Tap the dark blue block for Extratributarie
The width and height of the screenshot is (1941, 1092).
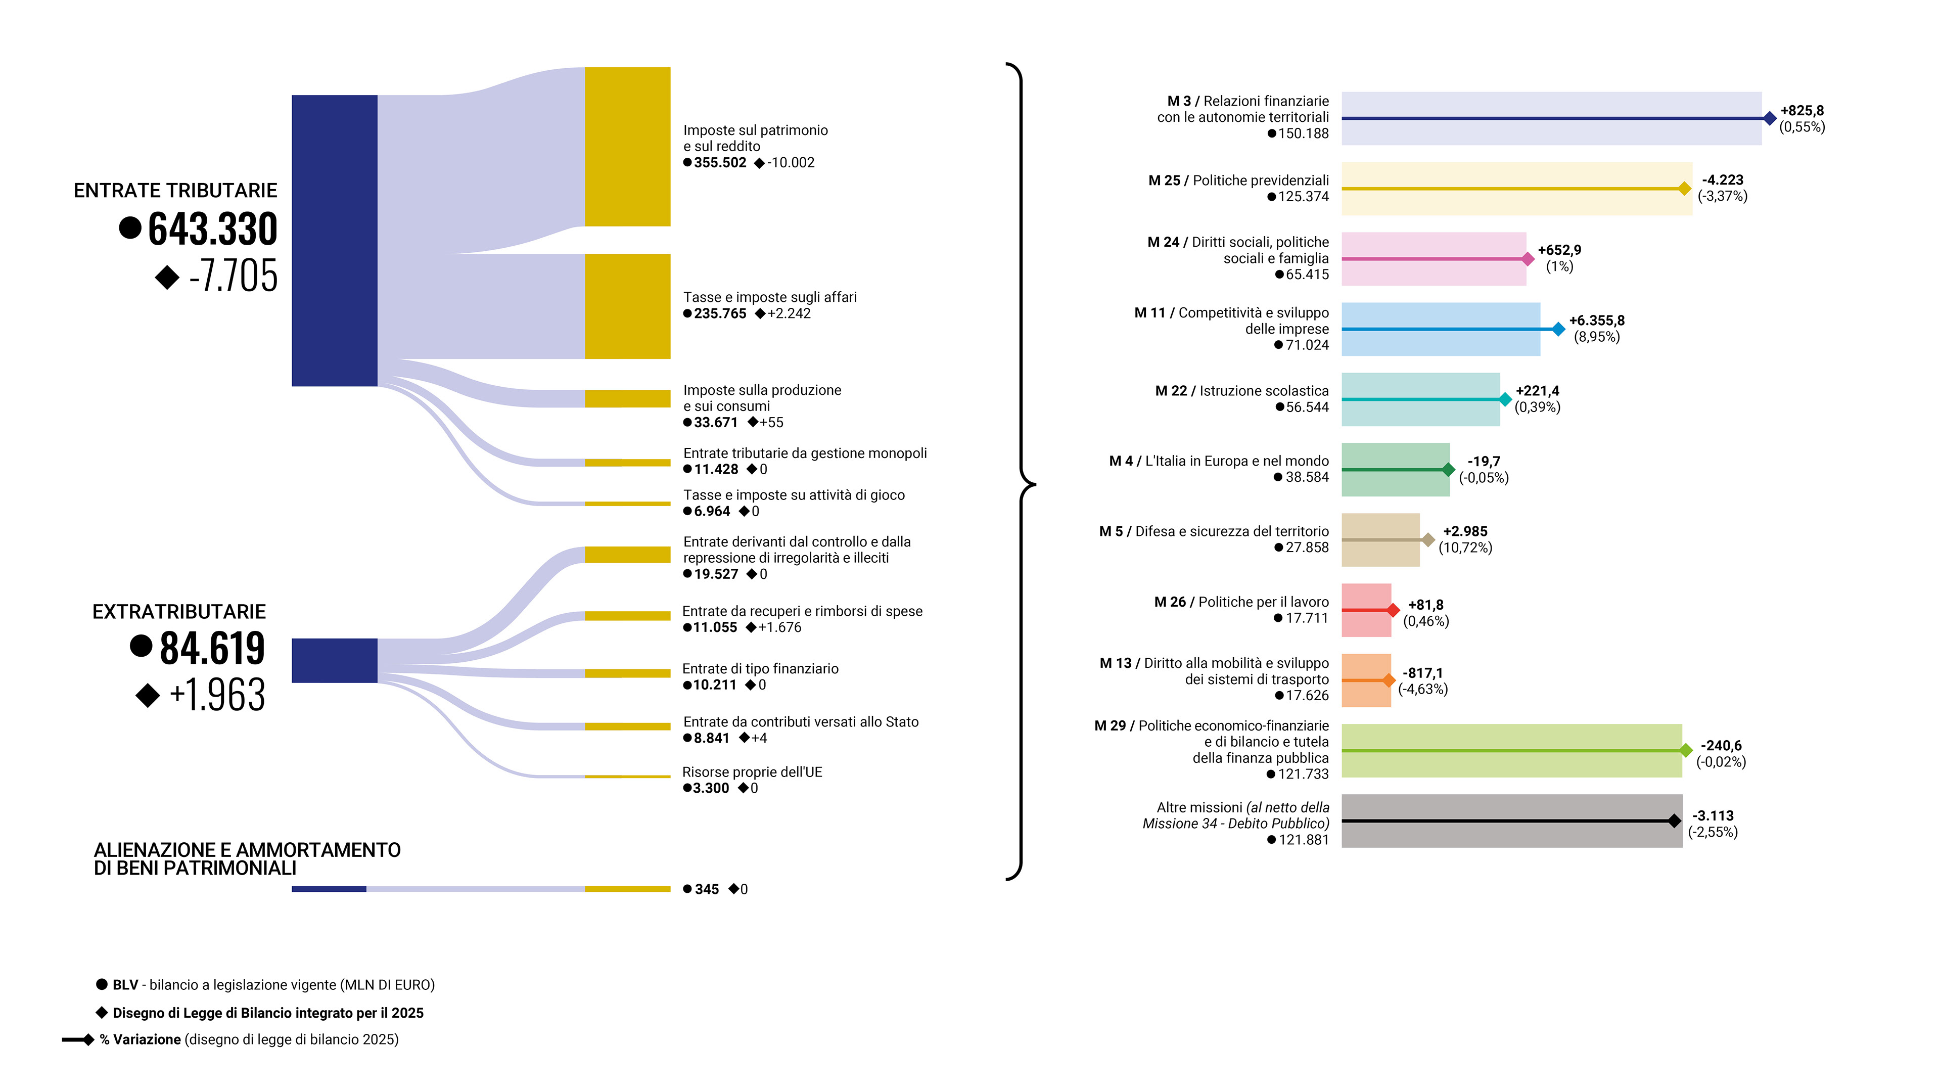coord(334,660)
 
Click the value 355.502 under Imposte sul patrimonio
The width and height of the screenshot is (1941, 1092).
coord(720,163)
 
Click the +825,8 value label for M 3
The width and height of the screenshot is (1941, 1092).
coord(1801,111)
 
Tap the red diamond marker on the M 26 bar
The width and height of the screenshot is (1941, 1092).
coord(1393,610)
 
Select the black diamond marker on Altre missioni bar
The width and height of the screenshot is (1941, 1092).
coord(1674,821)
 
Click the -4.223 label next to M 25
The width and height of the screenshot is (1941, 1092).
coord(1723,180)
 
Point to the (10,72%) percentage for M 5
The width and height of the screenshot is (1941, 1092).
coord(1465,548)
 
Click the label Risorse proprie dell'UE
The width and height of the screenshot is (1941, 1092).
coord(752,771)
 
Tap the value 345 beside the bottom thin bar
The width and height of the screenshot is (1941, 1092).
coord(706,889)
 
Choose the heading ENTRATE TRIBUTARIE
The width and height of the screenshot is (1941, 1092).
coord(175,191)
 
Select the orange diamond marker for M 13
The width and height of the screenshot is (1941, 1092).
coord(1389,680)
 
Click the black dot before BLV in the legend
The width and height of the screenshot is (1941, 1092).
coord(102,984)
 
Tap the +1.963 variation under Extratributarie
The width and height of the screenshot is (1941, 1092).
coord(217,694)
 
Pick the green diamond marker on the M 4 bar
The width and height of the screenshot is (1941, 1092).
coord(1448,470)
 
